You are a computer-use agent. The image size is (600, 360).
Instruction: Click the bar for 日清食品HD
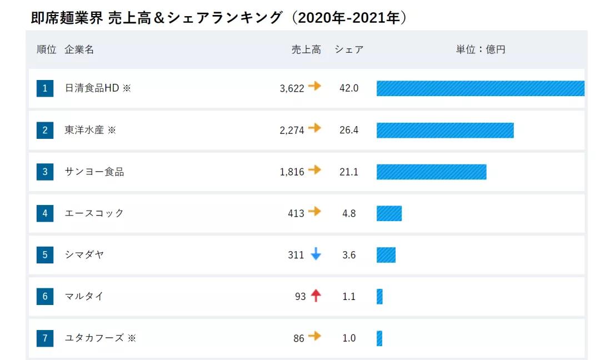480,88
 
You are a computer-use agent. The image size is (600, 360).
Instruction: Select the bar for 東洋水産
445,130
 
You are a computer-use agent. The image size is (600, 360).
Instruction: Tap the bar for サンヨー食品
431,172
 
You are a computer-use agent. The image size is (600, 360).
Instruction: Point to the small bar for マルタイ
379,297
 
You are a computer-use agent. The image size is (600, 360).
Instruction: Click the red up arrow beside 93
316,296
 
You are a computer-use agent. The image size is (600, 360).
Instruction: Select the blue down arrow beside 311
316,254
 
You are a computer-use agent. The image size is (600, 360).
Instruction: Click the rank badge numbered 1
45,88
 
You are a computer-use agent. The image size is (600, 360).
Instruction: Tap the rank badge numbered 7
45,338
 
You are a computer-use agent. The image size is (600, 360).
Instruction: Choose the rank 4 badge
45,213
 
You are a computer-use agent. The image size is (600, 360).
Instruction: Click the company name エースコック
94,213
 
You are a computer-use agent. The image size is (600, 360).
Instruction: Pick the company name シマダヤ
84,255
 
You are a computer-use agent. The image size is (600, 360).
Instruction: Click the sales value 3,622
292,88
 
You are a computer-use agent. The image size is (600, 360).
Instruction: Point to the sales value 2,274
292,130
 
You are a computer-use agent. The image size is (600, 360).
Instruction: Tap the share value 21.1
349,172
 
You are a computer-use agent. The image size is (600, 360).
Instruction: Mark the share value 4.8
349,213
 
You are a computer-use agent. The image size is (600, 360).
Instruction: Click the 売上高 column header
306,49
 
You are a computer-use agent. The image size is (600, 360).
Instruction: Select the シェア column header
349,49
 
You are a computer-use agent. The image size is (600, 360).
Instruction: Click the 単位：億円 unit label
481,49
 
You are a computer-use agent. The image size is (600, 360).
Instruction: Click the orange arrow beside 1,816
315,170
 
